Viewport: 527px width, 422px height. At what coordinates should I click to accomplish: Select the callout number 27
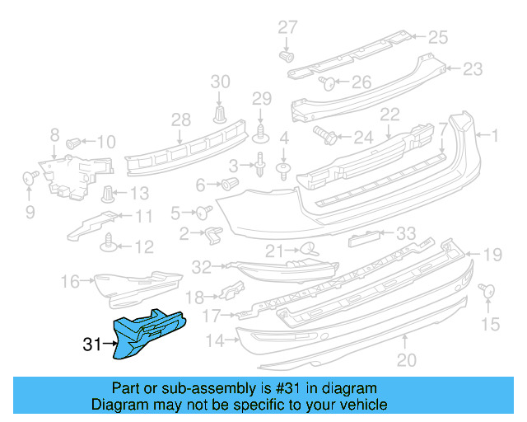287,27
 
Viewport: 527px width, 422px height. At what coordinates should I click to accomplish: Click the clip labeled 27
287,56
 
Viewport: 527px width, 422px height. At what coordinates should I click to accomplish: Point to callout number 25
437,36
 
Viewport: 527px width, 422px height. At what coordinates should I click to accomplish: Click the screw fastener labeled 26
325,82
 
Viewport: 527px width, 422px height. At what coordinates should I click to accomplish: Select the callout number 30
221,81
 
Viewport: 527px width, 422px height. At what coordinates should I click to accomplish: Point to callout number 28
180,120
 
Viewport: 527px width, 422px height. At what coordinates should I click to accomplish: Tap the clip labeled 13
107,195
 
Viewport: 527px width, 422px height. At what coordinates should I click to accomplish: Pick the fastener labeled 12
107,243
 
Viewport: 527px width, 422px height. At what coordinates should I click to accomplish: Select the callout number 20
407,359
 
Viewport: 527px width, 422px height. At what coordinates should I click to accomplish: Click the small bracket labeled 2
212,235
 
